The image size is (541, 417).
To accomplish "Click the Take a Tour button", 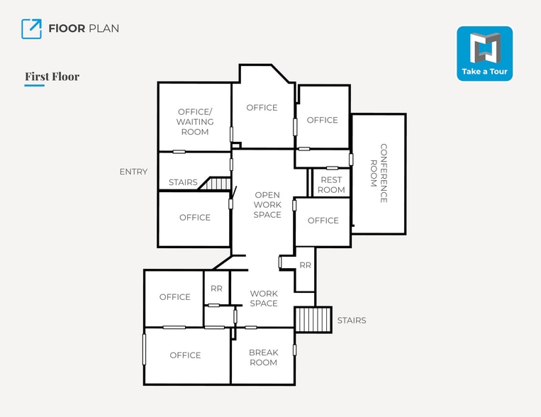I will tap(484, 53).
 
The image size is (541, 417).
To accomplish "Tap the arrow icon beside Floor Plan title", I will tap(31, 28).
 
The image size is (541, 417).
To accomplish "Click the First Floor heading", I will tap(52, 77).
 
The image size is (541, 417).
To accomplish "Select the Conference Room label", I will tap(379, 173).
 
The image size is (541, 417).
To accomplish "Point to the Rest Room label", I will tap(331, 185).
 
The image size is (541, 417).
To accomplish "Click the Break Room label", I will tap(263, 357).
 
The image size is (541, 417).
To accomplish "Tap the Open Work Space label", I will tap(267, 205).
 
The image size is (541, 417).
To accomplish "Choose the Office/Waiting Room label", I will tap(195, 122).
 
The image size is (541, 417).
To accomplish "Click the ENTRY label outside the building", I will tap(133, 172).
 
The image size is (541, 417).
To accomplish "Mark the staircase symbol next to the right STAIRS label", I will tap(313, 320).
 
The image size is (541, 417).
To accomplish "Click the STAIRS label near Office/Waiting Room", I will tap(183, 183).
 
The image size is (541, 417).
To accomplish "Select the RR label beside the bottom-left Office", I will tap(216, 289).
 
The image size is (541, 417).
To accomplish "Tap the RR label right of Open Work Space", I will tap(305, 265).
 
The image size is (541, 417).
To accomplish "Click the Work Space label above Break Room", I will tap(264, 299).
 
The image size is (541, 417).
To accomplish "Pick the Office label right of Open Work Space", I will tap(323, 221).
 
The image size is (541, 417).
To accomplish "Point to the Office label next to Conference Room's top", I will tap(323, 120).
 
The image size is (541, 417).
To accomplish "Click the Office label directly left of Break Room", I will tap(185, 355).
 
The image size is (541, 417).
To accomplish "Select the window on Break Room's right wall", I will tap(294, 350).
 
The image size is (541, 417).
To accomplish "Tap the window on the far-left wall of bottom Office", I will tap(144, 349).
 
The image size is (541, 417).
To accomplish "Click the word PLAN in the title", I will tap(104, 28).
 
